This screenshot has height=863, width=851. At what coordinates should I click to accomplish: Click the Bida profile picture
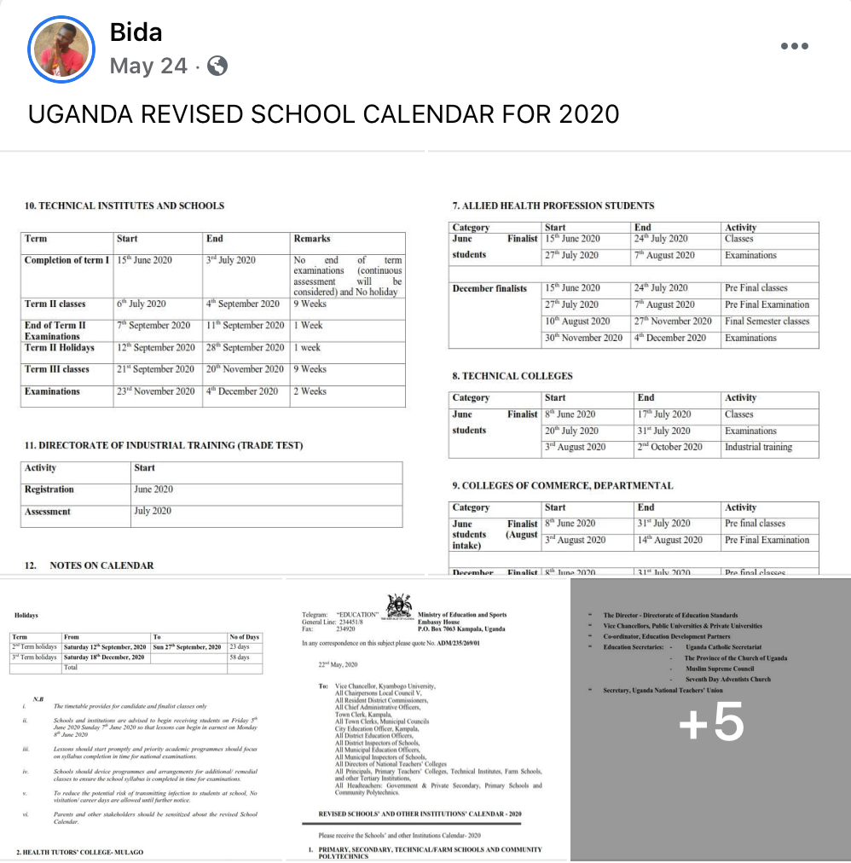tap(62, 49)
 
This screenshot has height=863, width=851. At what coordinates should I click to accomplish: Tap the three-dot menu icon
tap(794, 46)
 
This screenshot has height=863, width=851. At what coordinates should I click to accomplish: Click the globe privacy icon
tap(217, 66)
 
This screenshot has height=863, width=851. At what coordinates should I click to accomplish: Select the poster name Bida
tap(136, 32)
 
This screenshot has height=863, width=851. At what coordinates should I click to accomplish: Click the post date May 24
tap(148, 66)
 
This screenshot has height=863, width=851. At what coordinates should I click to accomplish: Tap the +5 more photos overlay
tap(710, 721)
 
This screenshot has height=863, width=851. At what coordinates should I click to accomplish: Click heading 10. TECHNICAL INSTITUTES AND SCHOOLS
tap(124, 206)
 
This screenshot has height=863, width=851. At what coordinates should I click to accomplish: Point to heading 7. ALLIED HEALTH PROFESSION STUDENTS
tap(553, 206)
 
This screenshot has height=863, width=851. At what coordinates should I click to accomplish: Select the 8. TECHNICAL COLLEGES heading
tap(512, 376)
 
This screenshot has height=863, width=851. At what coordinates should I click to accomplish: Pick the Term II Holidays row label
tap(60, 347)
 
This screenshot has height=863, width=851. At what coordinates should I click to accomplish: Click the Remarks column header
tap(312, 239)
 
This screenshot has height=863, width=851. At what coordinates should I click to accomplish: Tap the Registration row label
tap(49, 489)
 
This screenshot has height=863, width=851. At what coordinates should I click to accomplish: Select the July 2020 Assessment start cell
tap(153, 511)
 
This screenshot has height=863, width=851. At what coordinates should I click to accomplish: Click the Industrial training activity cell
tap(758, 447)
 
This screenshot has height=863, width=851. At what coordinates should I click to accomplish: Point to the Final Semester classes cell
tap(767, 321)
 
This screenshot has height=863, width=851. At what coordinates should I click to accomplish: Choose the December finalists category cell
tap(489, 288)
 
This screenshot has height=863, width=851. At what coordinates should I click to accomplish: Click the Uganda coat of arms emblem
tap(399, 606)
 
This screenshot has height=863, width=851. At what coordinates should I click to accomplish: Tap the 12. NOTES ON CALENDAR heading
tap(101, 565)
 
